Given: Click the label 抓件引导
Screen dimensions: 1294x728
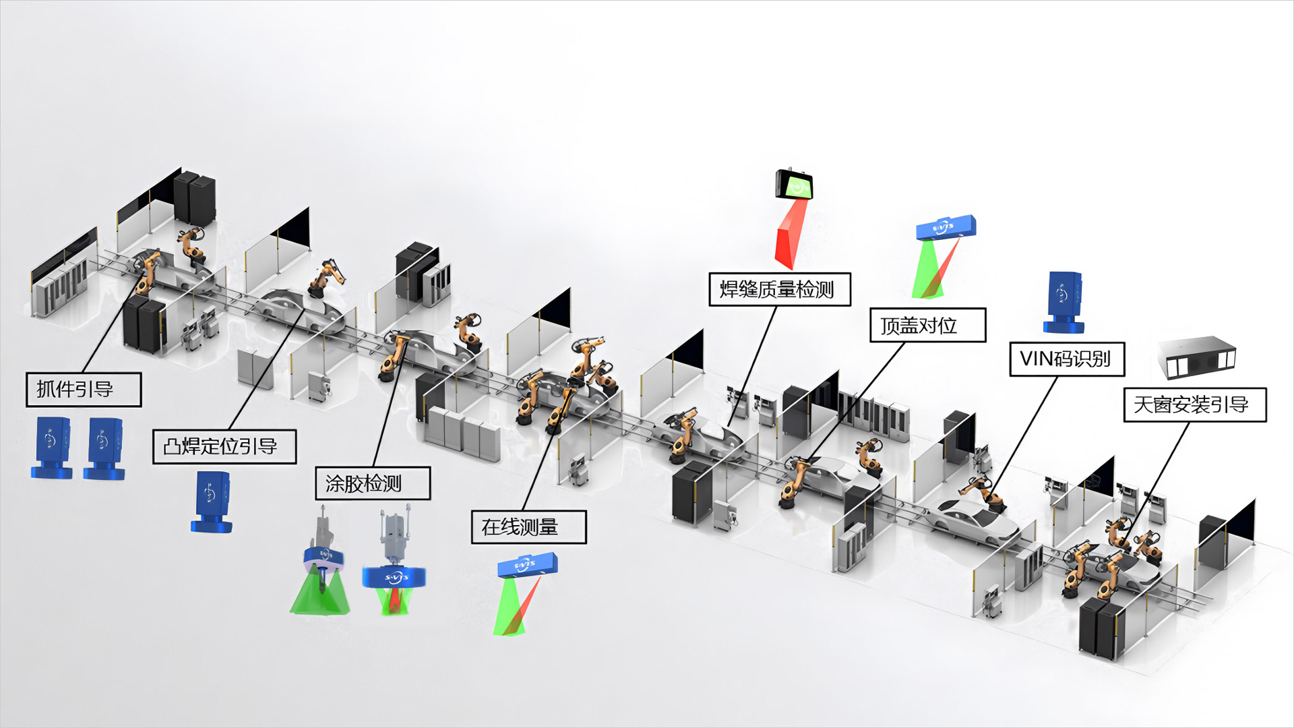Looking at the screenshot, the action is click(84, 390).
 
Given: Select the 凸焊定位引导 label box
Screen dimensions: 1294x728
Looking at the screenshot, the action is click(224, 446).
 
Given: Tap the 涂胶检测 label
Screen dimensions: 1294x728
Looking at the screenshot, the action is click(373, 483).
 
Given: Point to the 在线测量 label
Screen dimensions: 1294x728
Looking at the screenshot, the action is click(528, 526).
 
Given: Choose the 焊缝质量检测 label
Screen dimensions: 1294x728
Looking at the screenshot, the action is click(780, 289).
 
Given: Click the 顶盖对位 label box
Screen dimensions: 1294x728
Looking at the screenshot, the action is click(928, 326).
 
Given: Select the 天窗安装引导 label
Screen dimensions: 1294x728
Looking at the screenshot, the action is click(1195, 404).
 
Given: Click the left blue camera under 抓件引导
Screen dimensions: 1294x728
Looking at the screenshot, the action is click(52, 448).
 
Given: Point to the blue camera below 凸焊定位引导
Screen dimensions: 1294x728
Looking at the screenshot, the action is click(212, 502).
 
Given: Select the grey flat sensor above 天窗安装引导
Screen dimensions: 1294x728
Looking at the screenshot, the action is click(1197, 357).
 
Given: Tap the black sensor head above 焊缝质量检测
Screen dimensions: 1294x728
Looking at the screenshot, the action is click(794, 184).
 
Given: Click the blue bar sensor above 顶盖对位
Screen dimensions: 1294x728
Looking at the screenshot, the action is click(946, 227).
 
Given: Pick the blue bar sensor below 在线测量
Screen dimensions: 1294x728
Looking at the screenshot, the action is click(527, 564).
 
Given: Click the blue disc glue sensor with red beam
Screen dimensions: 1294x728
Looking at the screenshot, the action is click(394, 577).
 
